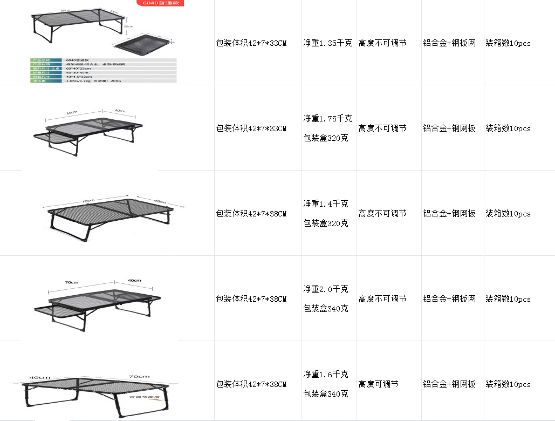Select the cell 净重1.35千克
tap(328, 43)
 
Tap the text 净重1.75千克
tap(328, 118)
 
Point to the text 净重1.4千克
tap(326, 203)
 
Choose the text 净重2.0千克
tap(326, 289)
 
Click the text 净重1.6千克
tap(326, 374)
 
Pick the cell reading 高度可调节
tap(379, 384)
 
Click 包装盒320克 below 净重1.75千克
tap(326, 138)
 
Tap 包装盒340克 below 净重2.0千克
tap(326, 309)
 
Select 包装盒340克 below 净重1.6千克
tap(326, 394)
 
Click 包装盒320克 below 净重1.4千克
tap(326, 223)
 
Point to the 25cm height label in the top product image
tap(128, 26)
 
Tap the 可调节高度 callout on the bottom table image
tap(145, 397)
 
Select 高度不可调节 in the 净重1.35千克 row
tap(382, 43)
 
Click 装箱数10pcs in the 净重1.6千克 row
tap(508, 384)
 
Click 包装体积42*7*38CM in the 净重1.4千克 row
tap(251, 214)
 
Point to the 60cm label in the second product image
tap(72, 112)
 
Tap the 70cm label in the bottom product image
tap(139, 377)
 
